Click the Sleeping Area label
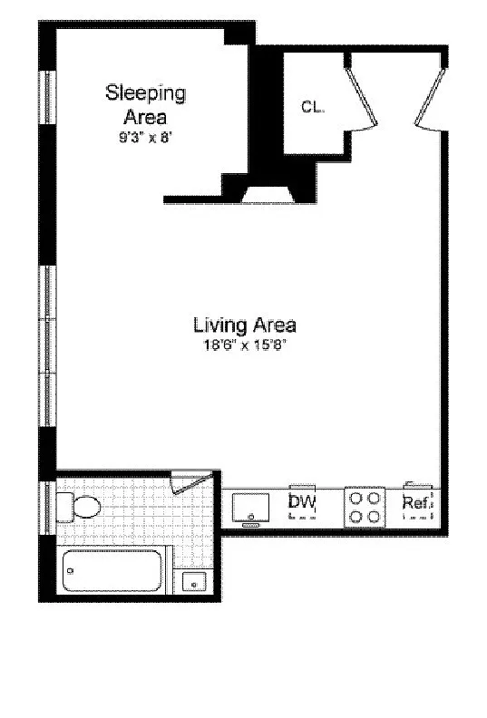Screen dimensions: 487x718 (x=146, y=105)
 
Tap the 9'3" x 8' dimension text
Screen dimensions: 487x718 (x=145, y=138)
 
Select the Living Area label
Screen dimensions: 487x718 (x=245, y=325)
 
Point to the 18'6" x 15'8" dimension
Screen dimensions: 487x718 (x=245, y=345)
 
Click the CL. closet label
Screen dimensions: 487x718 (x=313, y=107)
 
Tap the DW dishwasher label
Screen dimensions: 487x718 (x=302, y=502)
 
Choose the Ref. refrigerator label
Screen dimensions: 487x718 (x=417, y=503)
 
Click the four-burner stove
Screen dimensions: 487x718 (x=365, y=507)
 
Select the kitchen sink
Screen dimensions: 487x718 (x=250, y=508)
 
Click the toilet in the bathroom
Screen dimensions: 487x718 (x=78, y=508)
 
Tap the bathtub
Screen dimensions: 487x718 (x=112, y=570)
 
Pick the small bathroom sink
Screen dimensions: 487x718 (x=194, y=582)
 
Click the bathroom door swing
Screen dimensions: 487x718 (x=190, y=483)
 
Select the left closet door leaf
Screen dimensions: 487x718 (x=362, y=97)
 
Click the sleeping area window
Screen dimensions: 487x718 (x=47, y=97)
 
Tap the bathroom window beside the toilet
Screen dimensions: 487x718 (x=47, y=508)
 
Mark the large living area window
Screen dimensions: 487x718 (x=47, y=346)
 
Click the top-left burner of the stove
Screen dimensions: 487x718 (x=356, y=499)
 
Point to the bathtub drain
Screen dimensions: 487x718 (x=70, y=570)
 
